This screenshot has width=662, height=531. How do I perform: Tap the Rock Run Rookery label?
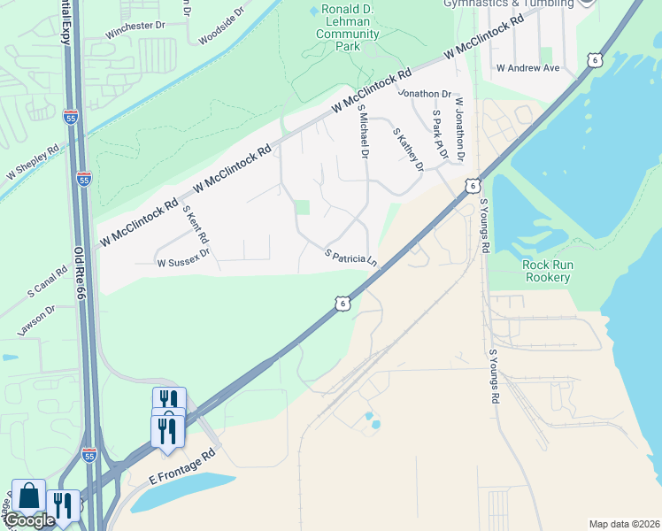[x=546, y=271]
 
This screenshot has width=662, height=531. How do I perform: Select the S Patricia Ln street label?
[x=351, y=258]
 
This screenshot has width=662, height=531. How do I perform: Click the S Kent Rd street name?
[x=196, y=225]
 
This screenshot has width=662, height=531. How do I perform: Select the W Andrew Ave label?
[x=528, y=68]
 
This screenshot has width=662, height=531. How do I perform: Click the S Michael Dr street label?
[x=362, y=131]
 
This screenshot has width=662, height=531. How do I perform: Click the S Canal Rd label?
[x=47, y=281]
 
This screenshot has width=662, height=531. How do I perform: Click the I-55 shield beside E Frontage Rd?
[x=89, y=455]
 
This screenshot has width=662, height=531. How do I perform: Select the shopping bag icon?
[x=28, y=496]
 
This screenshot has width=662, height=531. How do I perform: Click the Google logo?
[x=29, y=521]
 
